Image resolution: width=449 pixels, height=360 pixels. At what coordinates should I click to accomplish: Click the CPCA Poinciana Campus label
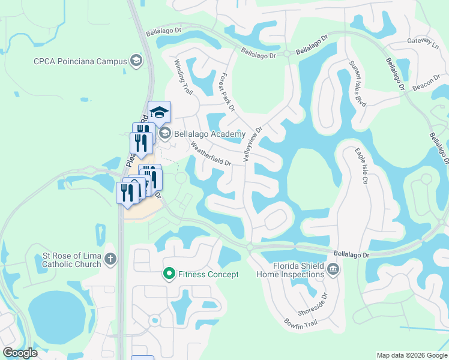[80, 61]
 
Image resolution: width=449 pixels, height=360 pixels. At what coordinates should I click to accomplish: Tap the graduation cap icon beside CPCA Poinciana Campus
[136, 61]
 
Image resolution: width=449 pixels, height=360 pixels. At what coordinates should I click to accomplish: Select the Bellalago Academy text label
[209, 134]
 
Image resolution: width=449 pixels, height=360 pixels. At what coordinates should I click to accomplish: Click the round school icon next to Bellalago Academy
[166, 134]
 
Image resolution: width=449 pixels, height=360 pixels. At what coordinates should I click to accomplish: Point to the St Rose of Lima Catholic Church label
[70, 260]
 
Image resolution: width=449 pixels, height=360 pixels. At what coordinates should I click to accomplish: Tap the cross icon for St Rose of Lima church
[109, 259]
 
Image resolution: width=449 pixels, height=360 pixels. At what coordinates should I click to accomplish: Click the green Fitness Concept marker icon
[169, 274]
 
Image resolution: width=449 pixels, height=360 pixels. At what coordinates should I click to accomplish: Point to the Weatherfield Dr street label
[211, 154]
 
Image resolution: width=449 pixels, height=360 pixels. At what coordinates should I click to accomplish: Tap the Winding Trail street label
[183, 77]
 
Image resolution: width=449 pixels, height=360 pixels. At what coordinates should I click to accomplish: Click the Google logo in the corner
[20, 353]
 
